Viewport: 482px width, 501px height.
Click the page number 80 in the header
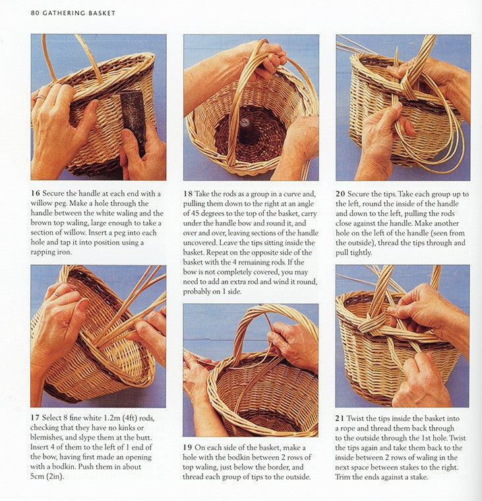coord(35,13)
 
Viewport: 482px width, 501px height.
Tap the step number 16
coord(35,194)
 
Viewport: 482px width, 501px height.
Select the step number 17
coord(35,417)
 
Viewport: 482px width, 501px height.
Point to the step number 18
coord(188,194)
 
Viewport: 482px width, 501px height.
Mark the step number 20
coord(340,194)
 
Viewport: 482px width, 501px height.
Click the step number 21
coord(340,418)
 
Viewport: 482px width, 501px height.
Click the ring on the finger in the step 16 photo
coord(41,97)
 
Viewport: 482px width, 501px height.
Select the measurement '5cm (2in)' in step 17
coord(47,477)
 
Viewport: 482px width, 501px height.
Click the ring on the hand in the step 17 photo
coord(56,295)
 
